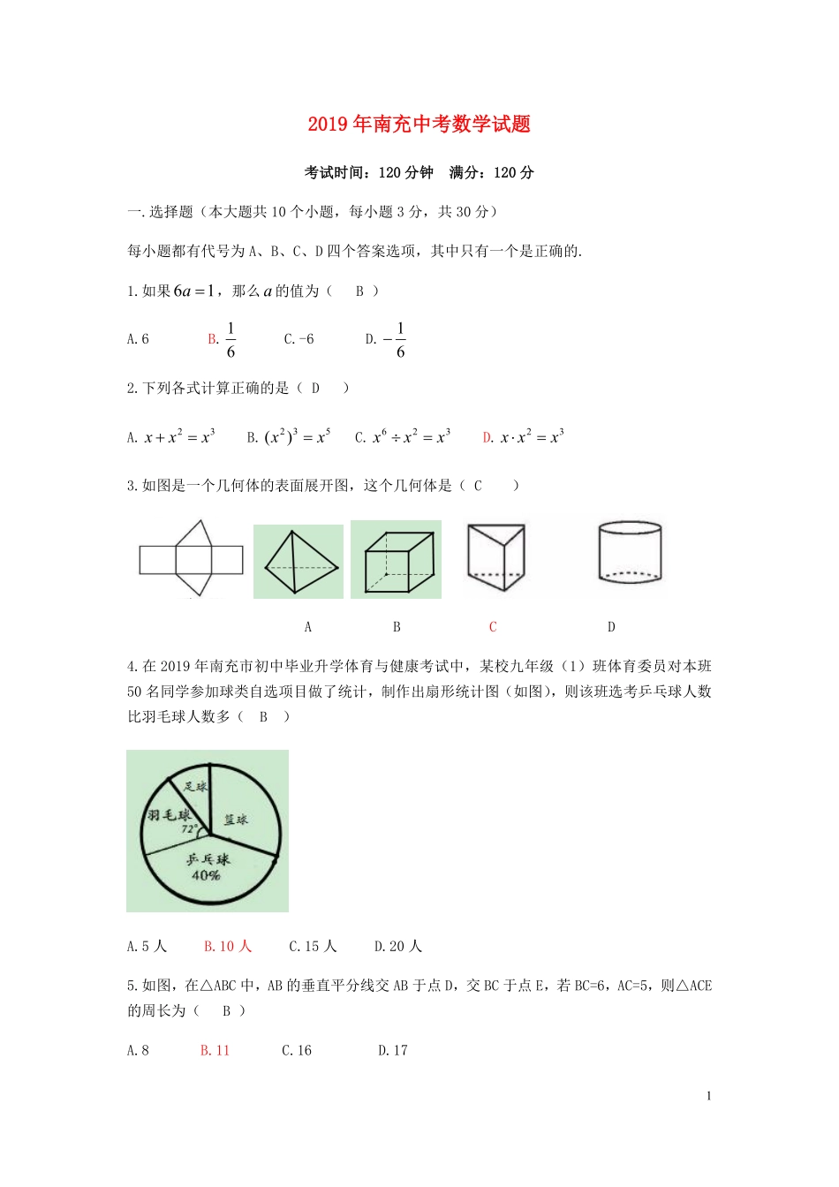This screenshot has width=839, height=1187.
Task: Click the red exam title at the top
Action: point(419,125)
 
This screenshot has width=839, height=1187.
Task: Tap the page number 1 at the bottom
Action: point(708,1096)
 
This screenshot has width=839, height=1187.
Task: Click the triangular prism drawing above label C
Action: point(495,557)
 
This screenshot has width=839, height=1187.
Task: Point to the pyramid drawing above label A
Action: point(299,562)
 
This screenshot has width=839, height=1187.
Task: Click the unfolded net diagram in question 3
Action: point(191,559)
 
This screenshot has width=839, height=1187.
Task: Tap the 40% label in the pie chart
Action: point(206,875)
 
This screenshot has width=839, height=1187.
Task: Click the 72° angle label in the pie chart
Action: point(188,829)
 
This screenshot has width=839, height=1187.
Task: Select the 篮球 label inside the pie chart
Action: point(236,820)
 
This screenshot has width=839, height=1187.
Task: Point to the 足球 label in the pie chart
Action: point(196,786)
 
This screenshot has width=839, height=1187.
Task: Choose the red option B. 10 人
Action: point(228,947)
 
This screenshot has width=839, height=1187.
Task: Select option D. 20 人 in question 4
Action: point(398,947)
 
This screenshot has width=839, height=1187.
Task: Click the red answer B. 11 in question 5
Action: point(215,1050)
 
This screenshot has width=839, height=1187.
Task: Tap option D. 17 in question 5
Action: point(393,1050)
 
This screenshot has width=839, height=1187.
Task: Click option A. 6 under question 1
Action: point(138,339)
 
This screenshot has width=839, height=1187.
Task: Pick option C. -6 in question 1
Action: point(299,339)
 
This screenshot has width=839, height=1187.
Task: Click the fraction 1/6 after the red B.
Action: point(231,340)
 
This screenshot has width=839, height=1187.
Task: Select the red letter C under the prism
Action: point(493,627)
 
